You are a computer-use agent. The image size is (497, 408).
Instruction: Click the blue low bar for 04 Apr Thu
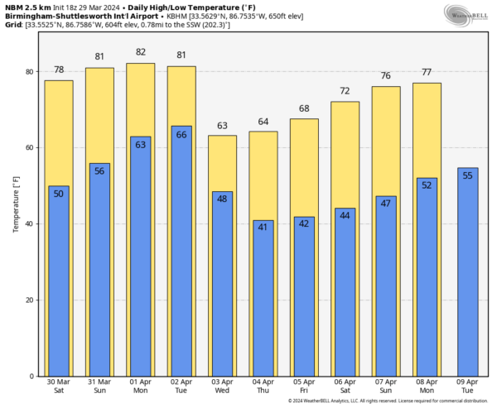pos(263,298)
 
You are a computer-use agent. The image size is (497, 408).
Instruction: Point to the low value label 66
pos(181,134)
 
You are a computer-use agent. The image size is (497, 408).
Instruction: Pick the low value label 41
pos(263,227)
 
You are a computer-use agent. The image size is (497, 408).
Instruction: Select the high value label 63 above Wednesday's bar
pos(222,126)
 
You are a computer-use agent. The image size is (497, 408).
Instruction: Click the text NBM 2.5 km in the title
pos(27,7)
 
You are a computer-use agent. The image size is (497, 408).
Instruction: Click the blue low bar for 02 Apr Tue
pos(181,257)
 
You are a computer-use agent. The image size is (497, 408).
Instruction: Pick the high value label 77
pos(427,73)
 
